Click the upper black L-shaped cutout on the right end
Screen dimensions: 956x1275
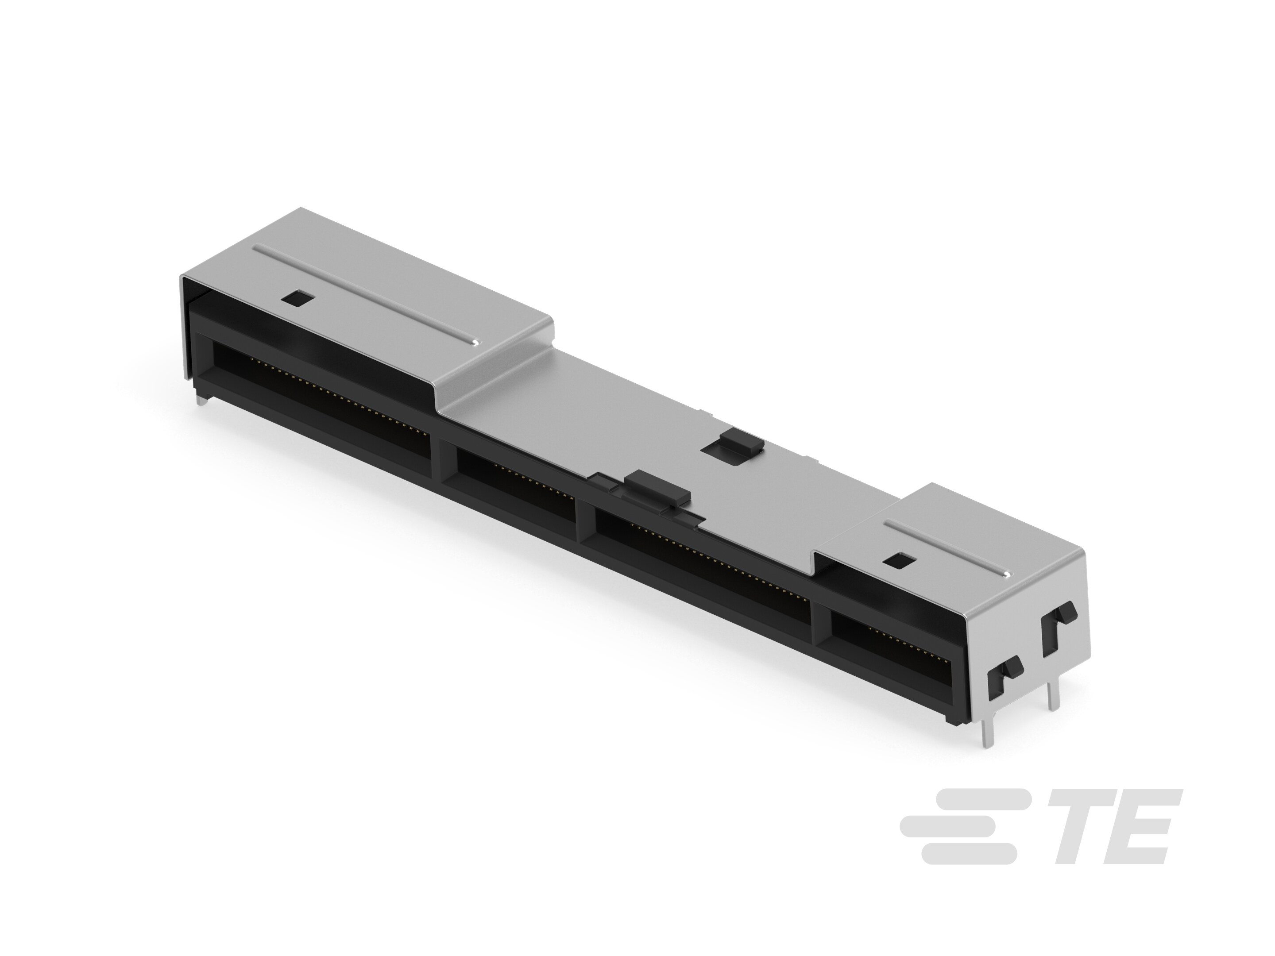1059,631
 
